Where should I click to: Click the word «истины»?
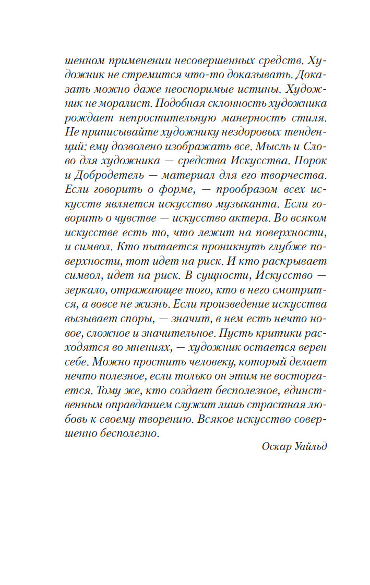(224, 88)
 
